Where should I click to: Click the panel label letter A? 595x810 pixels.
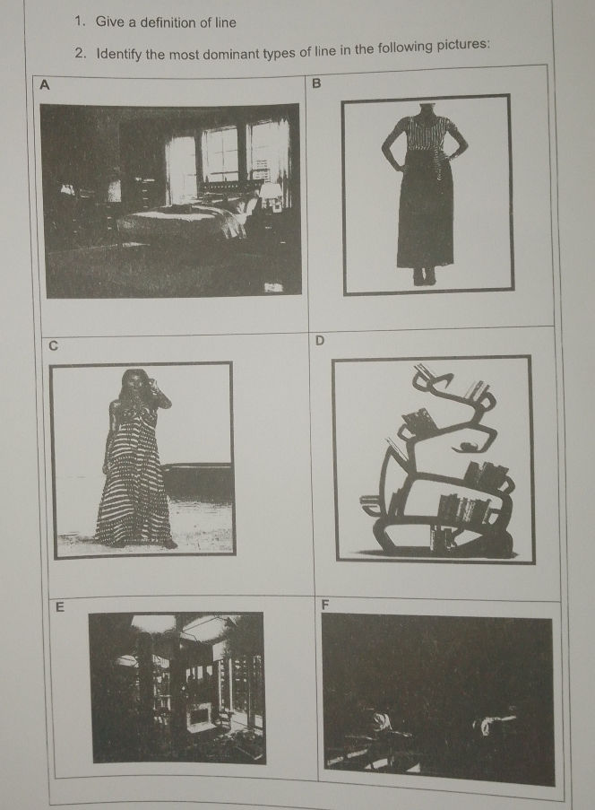pos(45,84)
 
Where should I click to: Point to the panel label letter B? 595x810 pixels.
pos(317,83)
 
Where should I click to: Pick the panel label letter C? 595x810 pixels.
pos(53,345)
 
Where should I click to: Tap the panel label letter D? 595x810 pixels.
pos(320,341)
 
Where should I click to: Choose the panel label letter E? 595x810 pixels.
pos(60,607)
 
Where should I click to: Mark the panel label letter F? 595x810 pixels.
pos(324,605)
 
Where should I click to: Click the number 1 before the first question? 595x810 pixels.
pos(79,22)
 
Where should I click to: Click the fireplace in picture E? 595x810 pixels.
pos(199,717)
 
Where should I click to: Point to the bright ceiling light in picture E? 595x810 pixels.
pos(152,623)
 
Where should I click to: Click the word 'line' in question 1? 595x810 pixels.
pos(226,22)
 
